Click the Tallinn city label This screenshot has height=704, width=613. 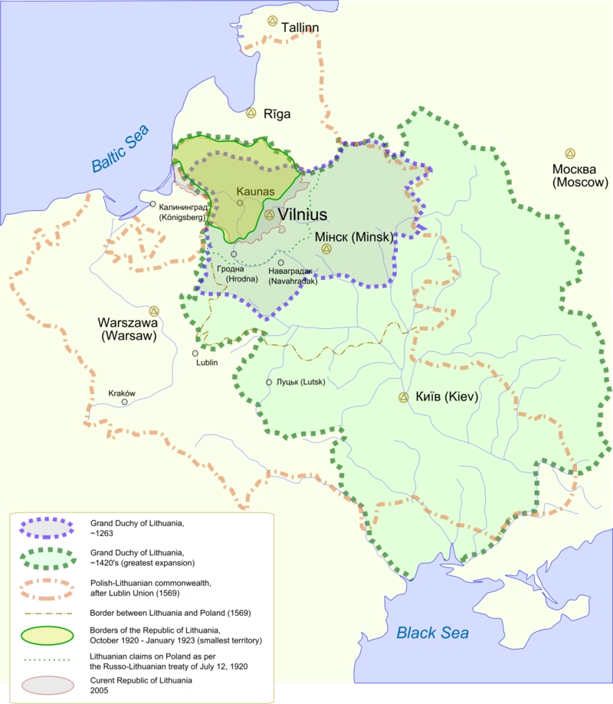tap(300, 28)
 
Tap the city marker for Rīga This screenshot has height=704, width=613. tap(251, 113)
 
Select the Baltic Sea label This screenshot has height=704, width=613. tap(120, 150)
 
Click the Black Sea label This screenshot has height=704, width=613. tap(432, 633)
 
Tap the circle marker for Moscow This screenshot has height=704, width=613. tap(570, 153)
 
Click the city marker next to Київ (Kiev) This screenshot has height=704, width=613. tap(403, 397)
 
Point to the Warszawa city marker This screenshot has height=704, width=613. tap(154, 311)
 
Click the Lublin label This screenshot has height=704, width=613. tap(206, 363)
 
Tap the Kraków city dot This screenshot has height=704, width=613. tap(124, 402)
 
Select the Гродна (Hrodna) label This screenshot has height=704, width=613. tap(233, 274)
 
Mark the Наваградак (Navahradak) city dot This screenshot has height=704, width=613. tap(281, 263)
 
